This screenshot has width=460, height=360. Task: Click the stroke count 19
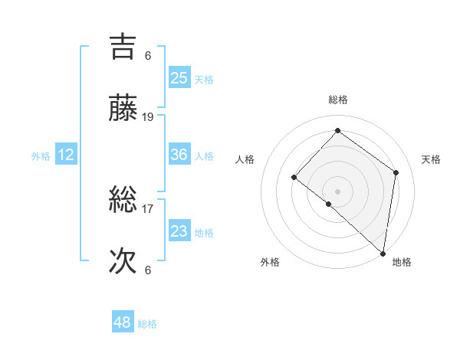pyautogui.click(x=148, y=117)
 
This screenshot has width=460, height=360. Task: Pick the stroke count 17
pyautogui.click(x=148, y=208)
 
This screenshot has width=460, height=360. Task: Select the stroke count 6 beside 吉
pyautogui.click(x=148, y=55)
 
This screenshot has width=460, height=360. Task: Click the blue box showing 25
pyautogui.click(x=179, y=78)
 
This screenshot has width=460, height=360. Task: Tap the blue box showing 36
pyautogui.click(x=179, y=155)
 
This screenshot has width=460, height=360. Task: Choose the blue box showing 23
pyautogui.click(x=179, y=231)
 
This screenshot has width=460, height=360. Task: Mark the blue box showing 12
pyautogui.click(x=66, y=155)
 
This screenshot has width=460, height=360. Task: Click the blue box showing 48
pyautogui.click(x=122, y=322)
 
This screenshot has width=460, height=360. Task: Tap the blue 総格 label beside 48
pyautogui.click(x=147, y=324)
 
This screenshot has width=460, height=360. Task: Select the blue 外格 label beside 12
pyautogui.click(x=41, y=156)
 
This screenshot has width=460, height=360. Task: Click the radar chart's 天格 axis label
pyautogui.click(x=431, y=159)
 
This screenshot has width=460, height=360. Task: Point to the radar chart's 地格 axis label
pyautogui.click(x=402, y=262)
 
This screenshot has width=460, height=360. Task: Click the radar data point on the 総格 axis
pyautogui.click(x=337, y=131)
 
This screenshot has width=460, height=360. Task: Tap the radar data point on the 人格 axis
pyautogui.click(x=294, y=177)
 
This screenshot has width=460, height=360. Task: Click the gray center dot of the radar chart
pyautogui.click(x=337, y=191)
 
